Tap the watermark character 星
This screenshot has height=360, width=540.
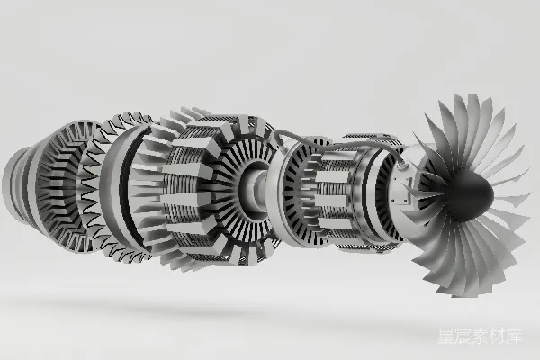pos(446,336)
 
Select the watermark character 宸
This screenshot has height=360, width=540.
pos(463,336)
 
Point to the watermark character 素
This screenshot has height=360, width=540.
pos(480,336)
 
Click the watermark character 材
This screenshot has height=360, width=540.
pos(498,336)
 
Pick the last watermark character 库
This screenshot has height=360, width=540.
pos(515,336)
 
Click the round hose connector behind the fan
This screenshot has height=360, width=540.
pos(401,166)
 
